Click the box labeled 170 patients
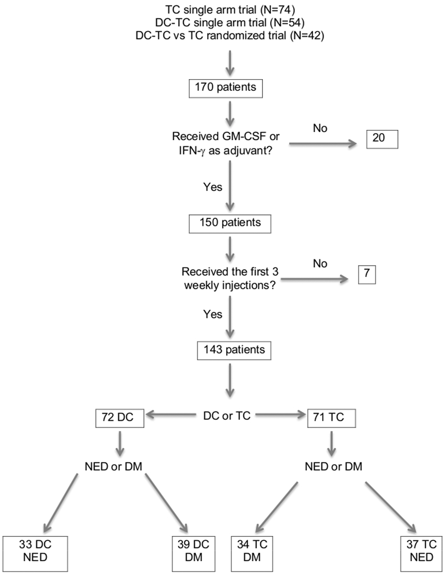[226, 89]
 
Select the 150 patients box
[230, 224]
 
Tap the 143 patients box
[234, 351]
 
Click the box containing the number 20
[382, 139]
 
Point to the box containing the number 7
[367, 275]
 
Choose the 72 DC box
[120, 418]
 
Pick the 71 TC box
[331, 418]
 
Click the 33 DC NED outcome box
[35, 554]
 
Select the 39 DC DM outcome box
[194, 554]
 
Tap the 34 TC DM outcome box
[252, 554]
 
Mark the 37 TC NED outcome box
[421, 554]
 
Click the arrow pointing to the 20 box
[323, 144]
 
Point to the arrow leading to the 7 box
[315, 279]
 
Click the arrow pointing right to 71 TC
[280, 415]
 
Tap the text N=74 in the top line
[278, 10]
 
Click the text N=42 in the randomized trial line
[307, 35]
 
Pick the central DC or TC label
[227, 416]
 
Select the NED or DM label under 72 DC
[114, 466]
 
